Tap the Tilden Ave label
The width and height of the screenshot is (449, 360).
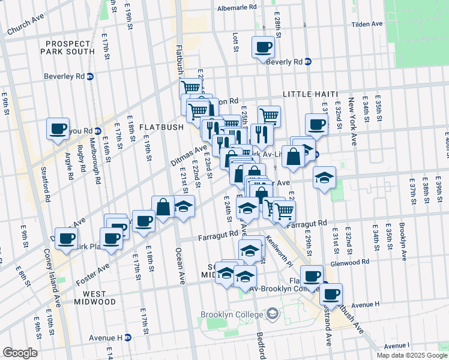pyautogui.click(x=367, y=24)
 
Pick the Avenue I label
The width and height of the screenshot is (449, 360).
pyautogui.click(x=396, y=346)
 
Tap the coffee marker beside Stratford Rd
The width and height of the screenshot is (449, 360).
pyautogui.click(x=59, y=128)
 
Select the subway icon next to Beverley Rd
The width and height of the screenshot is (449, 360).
pyautogui.click(x=91, y=76)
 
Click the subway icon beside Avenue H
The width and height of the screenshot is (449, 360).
pyautogui.click(x=128, y=338)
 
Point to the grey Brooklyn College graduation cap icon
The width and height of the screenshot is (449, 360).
pyautogui.click(x=273, y=313)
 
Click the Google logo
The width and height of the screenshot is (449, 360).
pyautogui.click(x=20, y=353)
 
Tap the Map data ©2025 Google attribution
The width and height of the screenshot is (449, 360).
pyautogui.click(x=411, y=355)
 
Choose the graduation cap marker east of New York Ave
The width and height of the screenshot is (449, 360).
pyautogui.click(x=324, y=178)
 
